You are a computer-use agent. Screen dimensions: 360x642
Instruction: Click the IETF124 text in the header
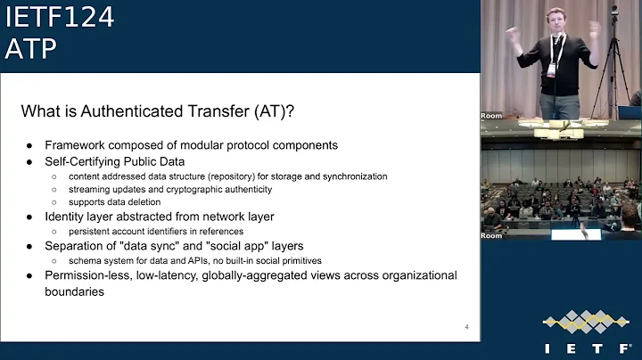click(x=59, y=17)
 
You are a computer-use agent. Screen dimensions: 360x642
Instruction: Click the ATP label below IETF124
click(x=30, y=50)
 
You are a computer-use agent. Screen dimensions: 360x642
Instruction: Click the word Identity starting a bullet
click(x=67, y=217)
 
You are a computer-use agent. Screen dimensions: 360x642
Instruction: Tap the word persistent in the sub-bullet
click(x=91, y=232)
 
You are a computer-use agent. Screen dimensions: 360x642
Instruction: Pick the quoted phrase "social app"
click(x=224, y=246)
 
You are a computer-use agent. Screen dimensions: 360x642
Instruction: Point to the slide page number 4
click(x=466, y=327)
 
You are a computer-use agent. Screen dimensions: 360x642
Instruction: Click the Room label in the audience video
click(x=491, y=235)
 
